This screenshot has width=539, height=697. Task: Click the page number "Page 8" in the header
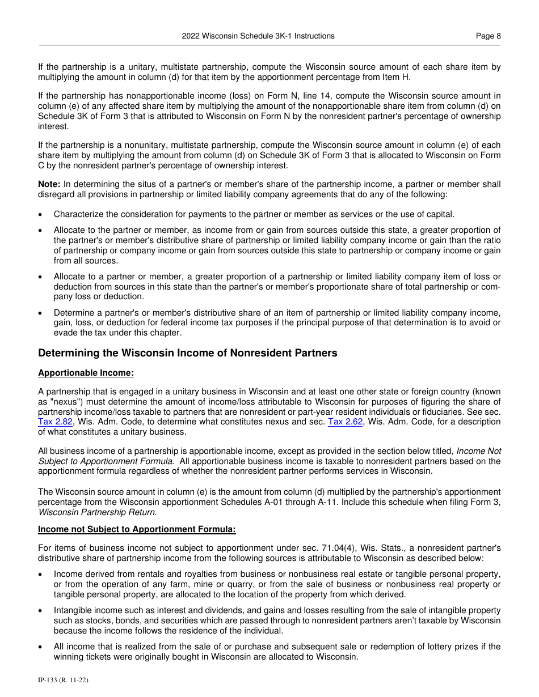click(x=488, y=36)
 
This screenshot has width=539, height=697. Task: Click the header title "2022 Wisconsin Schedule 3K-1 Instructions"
click(x=258, y=36)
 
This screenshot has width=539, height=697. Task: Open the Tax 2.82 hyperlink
click(x=55, y=422)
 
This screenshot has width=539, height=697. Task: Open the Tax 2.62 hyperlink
click(x=345, y=422)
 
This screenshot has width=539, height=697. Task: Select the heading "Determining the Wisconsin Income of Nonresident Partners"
click(x=187, y=353)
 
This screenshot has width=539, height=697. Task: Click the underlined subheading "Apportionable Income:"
click(x=86, y=373)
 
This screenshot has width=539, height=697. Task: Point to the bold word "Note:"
click(x=49, y=184)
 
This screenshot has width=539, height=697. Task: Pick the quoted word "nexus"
click(x=69, y=401)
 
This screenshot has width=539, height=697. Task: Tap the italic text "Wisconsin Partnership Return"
click(x=96, y=512)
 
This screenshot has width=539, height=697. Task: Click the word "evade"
click(x=65, y=333)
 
